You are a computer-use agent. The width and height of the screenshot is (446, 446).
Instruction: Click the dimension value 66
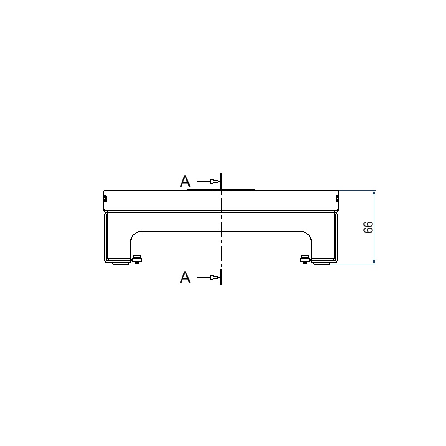(368, 227)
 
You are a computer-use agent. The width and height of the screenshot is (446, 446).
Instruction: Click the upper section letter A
(185, 181)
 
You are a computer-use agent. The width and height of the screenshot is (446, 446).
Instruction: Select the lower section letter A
(185, 277)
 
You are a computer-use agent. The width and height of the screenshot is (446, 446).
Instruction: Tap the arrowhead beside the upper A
(215, 181)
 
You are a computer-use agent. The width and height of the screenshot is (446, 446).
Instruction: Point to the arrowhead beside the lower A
(215, 277)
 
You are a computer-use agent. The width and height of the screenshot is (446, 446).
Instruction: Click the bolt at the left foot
(137, 259)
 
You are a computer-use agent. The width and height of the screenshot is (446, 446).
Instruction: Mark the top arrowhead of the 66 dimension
(374, 193)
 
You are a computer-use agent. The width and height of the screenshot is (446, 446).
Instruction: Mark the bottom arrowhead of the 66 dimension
(374, 262)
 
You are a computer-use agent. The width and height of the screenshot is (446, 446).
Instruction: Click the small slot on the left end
(105, 198)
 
